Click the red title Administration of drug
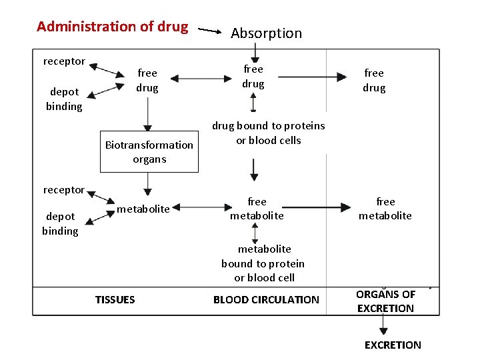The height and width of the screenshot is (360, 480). [x=113, y=27]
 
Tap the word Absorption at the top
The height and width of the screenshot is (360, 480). [x=266, y=33]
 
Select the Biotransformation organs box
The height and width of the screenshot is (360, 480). [x=149, y=152]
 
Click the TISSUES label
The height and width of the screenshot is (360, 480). [x=115, y=300]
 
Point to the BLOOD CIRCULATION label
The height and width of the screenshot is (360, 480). [x=266, y=300]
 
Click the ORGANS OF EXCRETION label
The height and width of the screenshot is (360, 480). [x=385, y=301]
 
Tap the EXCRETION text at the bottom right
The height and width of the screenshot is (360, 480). [x=393, y=345]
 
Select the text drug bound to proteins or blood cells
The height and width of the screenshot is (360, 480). [x=269, y=133]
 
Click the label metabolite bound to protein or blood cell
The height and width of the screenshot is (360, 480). [x=263, y=263]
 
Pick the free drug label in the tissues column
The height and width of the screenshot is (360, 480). [x=147, y=81]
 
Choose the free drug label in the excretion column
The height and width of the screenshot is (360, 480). [x=374, y=81]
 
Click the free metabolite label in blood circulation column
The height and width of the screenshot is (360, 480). [x=257, y=209]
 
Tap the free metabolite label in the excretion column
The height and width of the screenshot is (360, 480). [x=385, y=209]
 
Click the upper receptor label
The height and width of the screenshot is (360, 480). [x=64, y=61]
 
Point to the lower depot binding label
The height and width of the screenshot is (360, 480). [x=60, y=224]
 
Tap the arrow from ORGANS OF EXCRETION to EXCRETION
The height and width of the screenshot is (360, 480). [x=383, y=326]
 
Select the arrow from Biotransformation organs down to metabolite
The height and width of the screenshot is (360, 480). [x=149, y=183]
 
